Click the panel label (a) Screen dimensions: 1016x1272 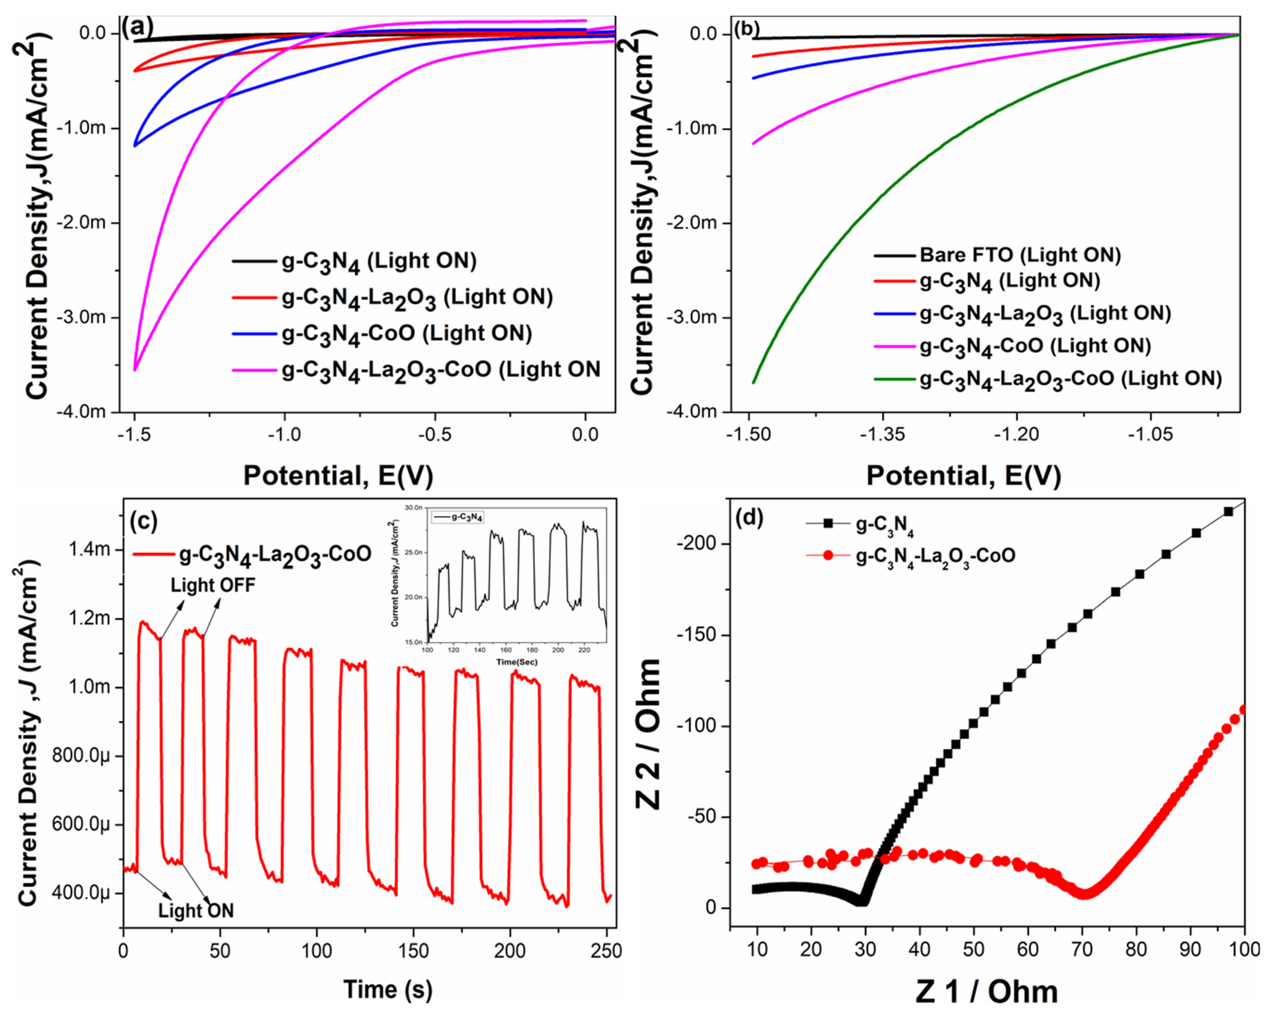coord(137,27)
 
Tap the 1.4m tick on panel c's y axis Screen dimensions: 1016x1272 coord(89,550)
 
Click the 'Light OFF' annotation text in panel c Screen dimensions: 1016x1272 coord(213,585)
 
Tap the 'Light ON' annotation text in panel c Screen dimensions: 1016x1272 coord(196,910)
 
